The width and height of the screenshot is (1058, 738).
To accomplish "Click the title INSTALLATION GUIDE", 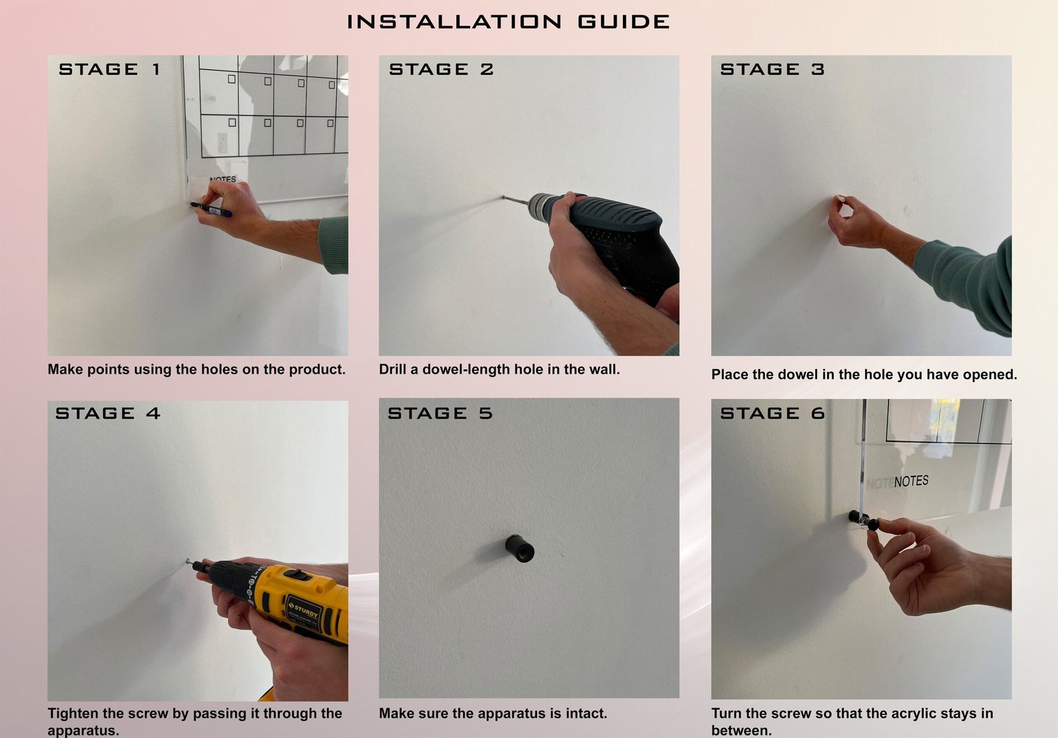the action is [509, 22].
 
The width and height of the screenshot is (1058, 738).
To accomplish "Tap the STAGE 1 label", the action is [110, 69].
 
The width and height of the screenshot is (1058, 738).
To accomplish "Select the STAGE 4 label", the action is [108, 413].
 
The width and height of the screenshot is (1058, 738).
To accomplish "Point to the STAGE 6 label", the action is [772, 413].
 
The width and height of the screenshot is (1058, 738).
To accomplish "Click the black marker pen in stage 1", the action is [211, 210].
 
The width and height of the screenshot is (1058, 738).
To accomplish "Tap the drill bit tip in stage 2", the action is [503, 197].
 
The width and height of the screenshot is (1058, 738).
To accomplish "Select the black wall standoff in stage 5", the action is [520, 548].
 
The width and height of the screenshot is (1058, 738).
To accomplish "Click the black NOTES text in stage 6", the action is [911, 481].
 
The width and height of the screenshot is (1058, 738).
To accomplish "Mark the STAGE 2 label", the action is [441, 69].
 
